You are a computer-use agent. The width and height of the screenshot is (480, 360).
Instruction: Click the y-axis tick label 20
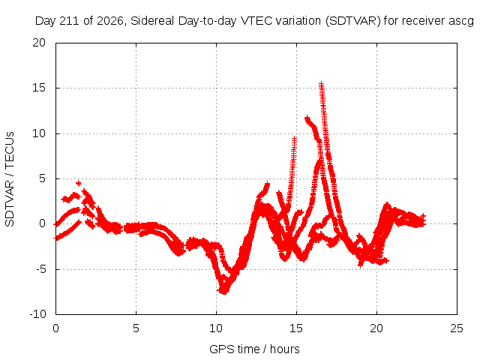click(x=39, y=43)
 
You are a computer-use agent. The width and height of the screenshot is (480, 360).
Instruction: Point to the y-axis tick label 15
click(x=39, y=88)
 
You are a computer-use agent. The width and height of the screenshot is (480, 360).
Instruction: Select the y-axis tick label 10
click(x=39, y=133)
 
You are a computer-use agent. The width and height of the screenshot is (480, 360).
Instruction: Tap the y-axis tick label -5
click(x=40, y=269)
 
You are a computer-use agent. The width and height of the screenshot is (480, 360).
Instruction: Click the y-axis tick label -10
click(x=37, y=314)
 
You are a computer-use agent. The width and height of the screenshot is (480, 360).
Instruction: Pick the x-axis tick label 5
click(x=136, y=328)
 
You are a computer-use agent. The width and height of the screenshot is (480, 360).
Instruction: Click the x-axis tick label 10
click(x=216, y=328)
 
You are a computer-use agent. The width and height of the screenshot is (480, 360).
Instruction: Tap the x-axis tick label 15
click(x=296, y=328)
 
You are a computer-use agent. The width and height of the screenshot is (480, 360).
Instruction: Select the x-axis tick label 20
click(x=376, y=328)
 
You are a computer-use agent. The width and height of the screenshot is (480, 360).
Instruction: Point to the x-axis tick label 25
click(x=457, y=328)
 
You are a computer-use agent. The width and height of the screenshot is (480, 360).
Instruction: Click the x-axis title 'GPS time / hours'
click(x=254, y=349)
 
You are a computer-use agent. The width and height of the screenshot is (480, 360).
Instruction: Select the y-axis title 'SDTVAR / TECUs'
click(x=10, y=179)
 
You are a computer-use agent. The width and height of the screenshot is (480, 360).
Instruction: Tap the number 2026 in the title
click(x=110, y=21)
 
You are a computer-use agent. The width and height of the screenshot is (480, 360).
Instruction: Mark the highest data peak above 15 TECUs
click(x=322, y=83)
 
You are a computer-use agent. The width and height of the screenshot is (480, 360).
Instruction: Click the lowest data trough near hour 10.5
click(x=224, y=292)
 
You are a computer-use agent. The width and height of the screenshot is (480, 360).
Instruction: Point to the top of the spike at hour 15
click(x=294, y=138)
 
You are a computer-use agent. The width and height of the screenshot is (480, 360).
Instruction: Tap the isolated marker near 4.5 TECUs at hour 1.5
click(x=79, y=183)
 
